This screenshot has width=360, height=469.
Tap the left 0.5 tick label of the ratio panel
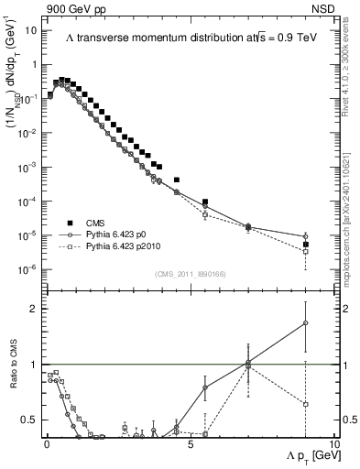pyautogui.click(x=28, y=420)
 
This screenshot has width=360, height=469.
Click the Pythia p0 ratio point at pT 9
pyautogui.click(x=305, y=322)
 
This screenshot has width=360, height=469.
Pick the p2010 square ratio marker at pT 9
pyautogui.click(x=305, y=404)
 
